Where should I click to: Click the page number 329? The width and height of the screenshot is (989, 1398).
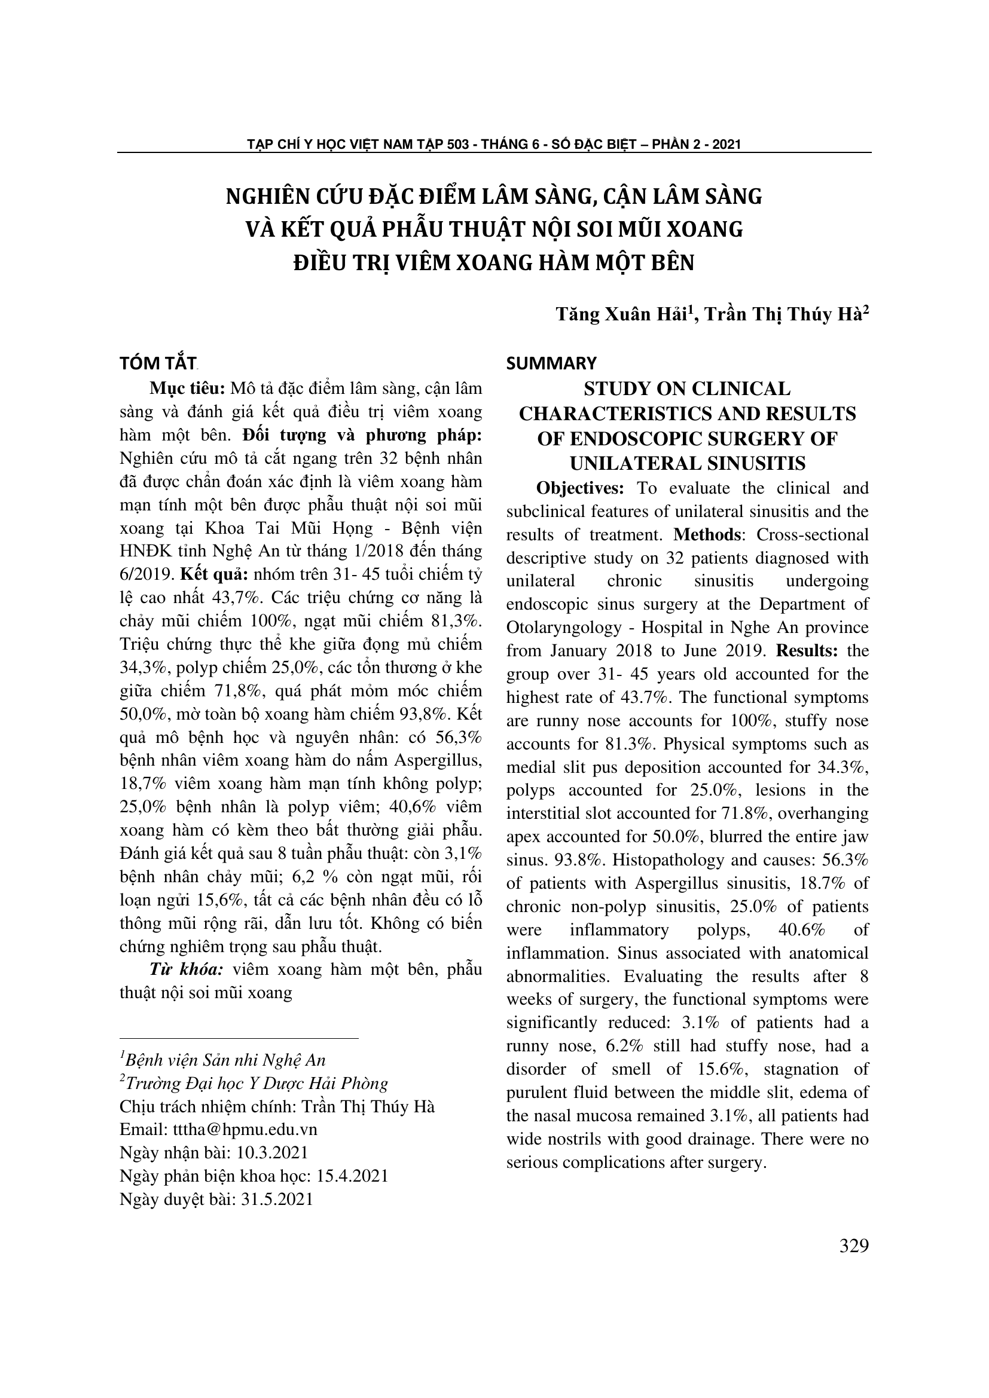click(x=854, y=1246)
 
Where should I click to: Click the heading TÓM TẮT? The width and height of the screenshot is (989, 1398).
click(x=158, y=363)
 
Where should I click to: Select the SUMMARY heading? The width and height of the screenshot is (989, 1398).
click(x=551, y=363)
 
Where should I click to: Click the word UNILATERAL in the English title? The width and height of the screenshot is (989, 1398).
click(x=628, y=464)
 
